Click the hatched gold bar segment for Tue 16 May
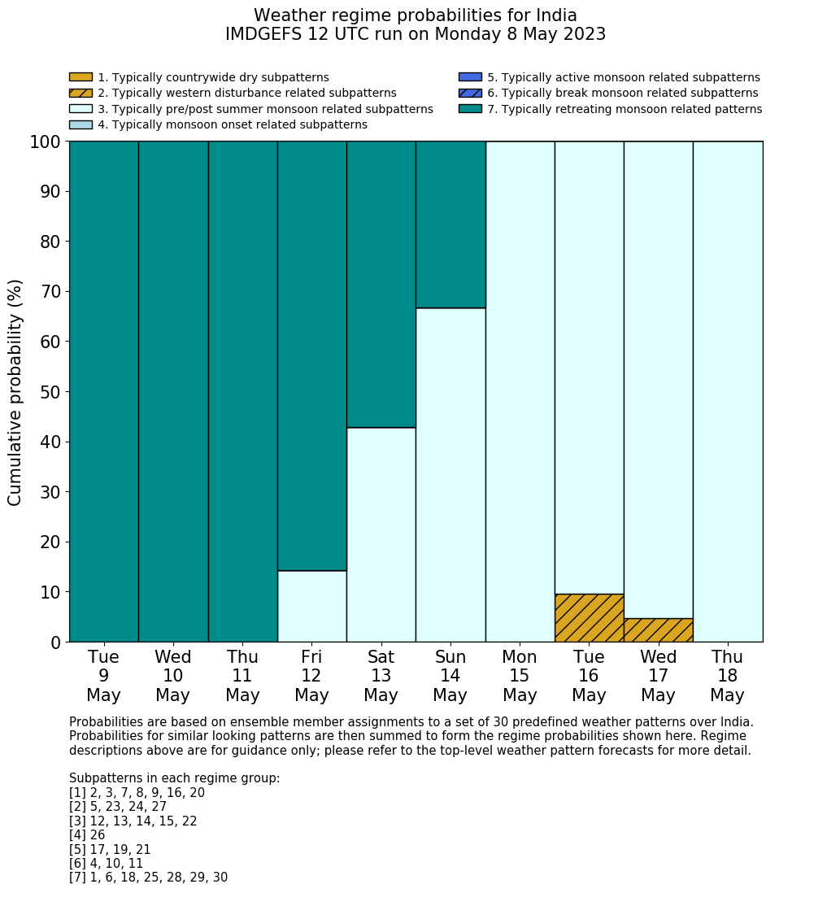(x=589, y=618)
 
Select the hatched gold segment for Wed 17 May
(x=658, y=630)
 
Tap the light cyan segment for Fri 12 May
(x=311, y=606)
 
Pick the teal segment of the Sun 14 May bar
(x=450, y=224)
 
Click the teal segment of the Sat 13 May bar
(x=381, y=284)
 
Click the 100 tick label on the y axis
(x=46, y=142)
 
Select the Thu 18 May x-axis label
(x=727, y=676)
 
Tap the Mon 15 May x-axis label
(x=520, y=676)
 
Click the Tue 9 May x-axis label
(x=103, y=676)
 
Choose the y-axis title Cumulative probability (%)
(x=15, y=392)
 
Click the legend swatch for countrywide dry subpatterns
(x=81, y=77)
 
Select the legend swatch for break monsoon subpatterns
(x=470, y=94)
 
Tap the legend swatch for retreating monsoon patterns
(x=470, y=109)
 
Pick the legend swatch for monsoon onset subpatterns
(x=81, y=124)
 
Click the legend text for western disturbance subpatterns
(x=246, y=94)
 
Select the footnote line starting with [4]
(x=87, y=835)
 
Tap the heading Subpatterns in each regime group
(x=174, y=778)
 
